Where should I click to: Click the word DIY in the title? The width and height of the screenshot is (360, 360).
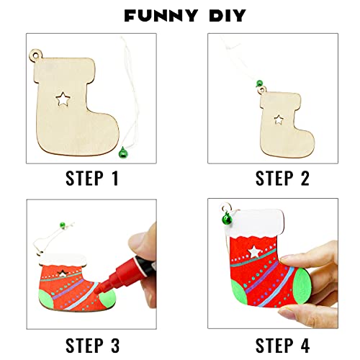coord(217,15)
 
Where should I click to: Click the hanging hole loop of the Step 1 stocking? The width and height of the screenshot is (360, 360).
coord(36,54)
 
